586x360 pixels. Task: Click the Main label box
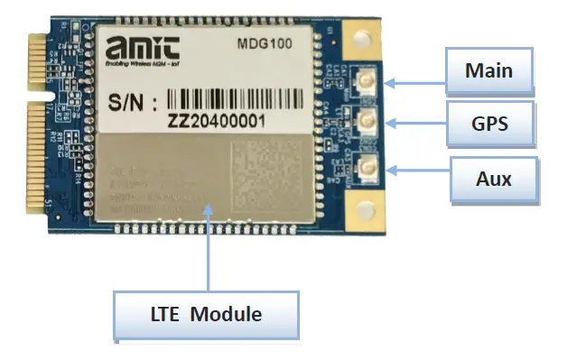click(x=488, y=69)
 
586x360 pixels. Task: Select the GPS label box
click(x=488, y=124)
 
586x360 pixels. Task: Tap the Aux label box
click(x=493, y=179)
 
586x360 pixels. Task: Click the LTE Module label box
click(x=206, y=315)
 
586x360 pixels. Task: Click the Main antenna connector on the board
click(x=368, y=84)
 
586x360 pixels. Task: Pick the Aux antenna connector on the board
click(x=368, y=165)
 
